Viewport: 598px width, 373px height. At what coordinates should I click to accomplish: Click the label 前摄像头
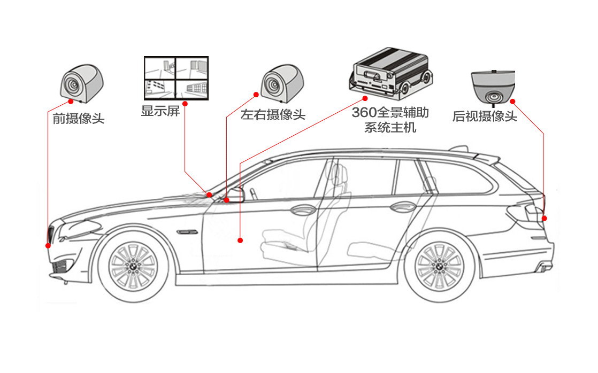click(78, 119)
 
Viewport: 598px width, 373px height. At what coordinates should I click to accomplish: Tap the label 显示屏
click(160, 111)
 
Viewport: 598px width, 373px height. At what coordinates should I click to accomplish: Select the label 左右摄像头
click(273, 114)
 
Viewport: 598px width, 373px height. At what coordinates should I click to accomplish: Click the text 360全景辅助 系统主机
click(390, 120)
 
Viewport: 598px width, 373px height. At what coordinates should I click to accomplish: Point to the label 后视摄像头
click(485, 116)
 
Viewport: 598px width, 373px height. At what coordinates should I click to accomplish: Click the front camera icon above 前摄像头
click(82, 83)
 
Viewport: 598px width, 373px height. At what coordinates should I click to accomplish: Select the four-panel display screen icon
click(176, 78)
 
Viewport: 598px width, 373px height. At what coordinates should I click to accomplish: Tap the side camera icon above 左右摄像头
click(282, 83)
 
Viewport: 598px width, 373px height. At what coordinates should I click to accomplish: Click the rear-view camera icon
click(493, 87)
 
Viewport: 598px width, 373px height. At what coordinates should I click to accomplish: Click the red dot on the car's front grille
click(48, 246)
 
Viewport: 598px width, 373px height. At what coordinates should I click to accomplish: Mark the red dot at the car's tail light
click(544, 219)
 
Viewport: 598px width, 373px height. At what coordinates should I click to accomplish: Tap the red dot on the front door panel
click(240, 240)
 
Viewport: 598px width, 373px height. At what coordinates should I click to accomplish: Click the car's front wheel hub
click(133, 266)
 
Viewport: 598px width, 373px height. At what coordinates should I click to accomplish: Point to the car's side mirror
click(235, 195)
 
